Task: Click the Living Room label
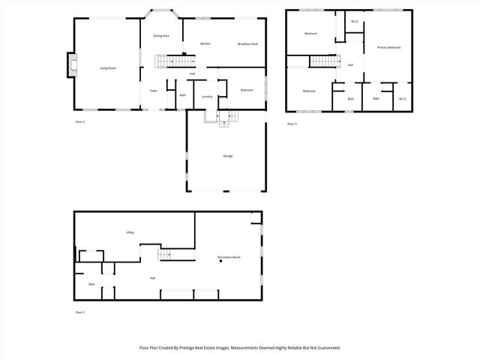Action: pyautogui.click(x=108, y=68)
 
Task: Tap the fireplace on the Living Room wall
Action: pyautogui.click(x=71, y=65)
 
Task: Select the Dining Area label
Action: pyautogui.click(x=160, y=36)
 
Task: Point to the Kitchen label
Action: pyautogui.click(x=205, y=43)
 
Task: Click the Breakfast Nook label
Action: pyautogui.click(x=248, y=43)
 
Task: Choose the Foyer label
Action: pyautogui.click(x=153, y=91)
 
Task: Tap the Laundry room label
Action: pyautogui.click(x=207, y=96)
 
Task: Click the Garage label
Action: pyautogui.click(x=227, y=156)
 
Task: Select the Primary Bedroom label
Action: pyautogui.click(x=388, y=47)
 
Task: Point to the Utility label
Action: pyautogui.click(x=130, y=232)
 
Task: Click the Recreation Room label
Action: pyautogui.click(x=229, y=257)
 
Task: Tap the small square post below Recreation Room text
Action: pyautogui.click(x=220, y=262)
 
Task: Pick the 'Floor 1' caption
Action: pyautogui.click(x=80, y=312)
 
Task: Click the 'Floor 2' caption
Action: pyautogui.click(x=80, y=121)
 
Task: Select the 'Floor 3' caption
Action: pyautogui.click(x=292, y=124)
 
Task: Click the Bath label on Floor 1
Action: pyautogui.click(x=91, y=284)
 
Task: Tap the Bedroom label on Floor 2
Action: pyautogui.click(x=247, y=91)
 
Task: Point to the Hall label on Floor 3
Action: pyautogui.click(x=349, y=65)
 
